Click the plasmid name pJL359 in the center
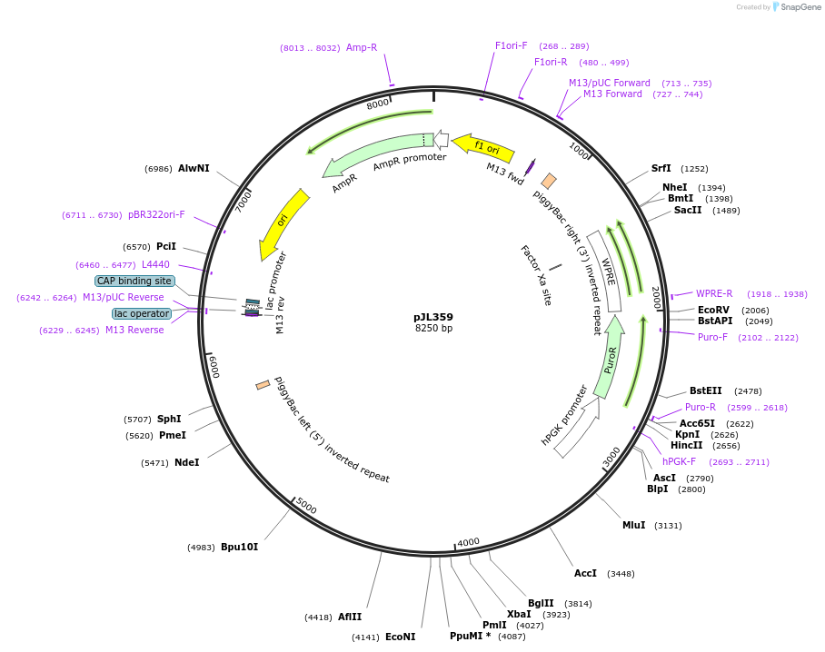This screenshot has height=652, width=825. tap(433, 317)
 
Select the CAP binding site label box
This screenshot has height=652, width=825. tap(134, 282)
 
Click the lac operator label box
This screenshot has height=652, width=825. tap(142, 313)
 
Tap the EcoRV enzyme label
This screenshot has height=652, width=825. tap(713, 310)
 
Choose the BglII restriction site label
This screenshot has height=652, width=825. tap(541, 603)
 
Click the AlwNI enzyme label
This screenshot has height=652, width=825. tap(194, 168)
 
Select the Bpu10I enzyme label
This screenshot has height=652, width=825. tap(239, 547)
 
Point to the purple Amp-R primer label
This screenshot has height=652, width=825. tap(362, 47)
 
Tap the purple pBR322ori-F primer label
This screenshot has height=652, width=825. tap(156, 214)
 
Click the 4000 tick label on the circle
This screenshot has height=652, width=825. tap(468, 542)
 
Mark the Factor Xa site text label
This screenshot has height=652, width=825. tap(536, 274)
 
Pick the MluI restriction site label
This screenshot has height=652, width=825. tap(633, 525)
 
